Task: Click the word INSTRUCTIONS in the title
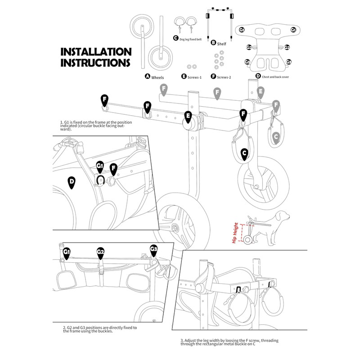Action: click(x=96, y=62)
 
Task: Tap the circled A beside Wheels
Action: click(x=147, y=76)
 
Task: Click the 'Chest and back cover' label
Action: click(x=275, y=77)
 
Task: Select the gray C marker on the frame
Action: click(x=276, y=136)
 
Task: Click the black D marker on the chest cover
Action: click(x=71, y=182)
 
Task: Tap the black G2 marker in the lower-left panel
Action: click(x=101, y=253)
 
